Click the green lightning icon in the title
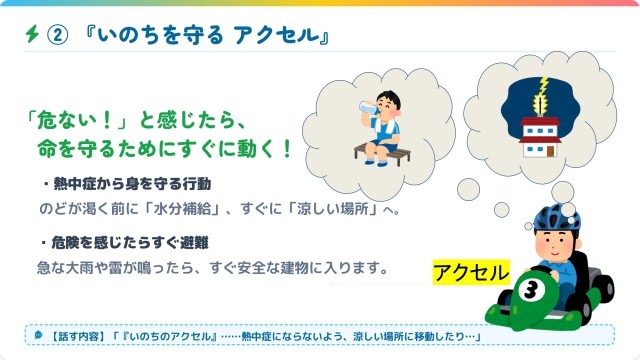[x=32, y=34]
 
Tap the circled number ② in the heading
[x=58, y=35]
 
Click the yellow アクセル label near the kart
[x=471, y=272]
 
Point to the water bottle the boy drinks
[x=369, y=108]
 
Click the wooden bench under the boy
[x=382, y=155]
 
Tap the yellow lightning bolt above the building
[x=541, y=95]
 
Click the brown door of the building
[x=551, y=151]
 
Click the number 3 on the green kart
[x=531, y=290]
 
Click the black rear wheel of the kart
[x=603, y=289]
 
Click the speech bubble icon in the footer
[x=38, y=335]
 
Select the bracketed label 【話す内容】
[x=77, y=336]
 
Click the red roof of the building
[x=540, y=121]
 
